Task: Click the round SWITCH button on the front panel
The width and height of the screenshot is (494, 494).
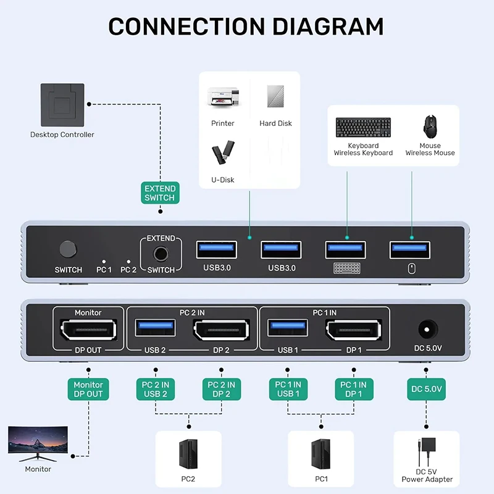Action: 68,249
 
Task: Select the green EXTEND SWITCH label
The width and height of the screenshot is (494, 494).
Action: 160,193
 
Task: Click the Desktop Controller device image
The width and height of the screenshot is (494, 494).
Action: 62,105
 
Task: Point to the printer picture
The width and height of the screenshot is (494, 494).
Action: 222,98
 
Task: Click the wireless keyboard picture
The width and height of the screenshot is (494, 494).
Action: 363,128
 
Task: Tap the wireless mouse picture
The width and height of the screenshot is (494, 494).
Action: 430,127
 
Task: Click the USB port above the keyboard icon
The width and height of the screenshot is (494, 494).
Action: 345,249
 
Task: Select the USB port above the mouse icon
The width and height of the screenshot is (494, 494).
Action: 411,249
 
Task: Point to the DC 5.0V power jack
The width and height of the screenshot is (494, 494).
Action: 427,329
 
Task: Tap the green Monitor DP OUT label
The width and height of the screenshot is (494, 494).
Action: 88,389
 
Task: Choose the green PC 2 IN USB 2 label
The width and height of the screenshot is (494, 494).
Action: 156,389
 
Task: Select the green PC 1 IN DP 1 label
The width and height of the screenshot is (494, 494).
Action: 354,389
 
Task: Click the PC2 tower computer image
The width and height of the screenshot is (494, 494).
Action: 188,454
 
